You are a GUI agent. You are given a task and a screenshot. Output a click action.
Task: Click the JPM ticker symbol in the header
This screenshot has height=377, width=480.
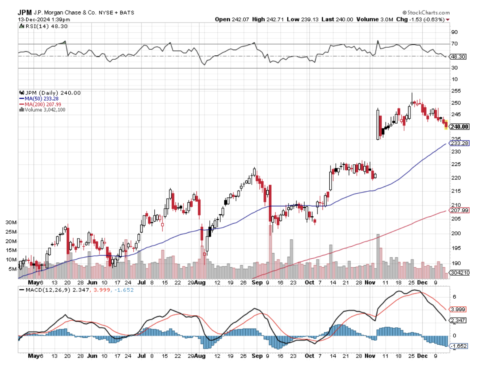pyautogui.click(x=25, y=13)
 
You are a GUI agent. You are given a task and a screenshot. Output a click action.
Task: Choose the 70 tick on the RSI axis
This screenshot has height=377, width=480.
pyautogui.click(x=454, y=44)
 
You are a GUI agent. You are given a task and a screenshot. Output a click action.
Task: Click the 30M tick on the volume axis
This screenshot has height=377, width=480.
pyautogui.click(x=11, y=222)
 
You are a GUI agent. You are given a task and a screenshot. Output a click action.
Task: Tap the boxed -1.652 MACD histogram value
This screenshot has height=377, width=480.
pyautogui.click(x=459, y=346)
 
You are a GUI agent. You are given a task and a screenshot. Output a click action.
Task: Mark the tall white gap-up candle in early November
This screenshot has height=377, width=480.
pyautogui.click(x=378, y=124)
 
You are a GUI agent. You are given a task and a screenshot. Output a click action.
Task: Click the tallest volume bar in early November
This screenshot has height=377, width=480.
pyautogui.click(x=378, y=256)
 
